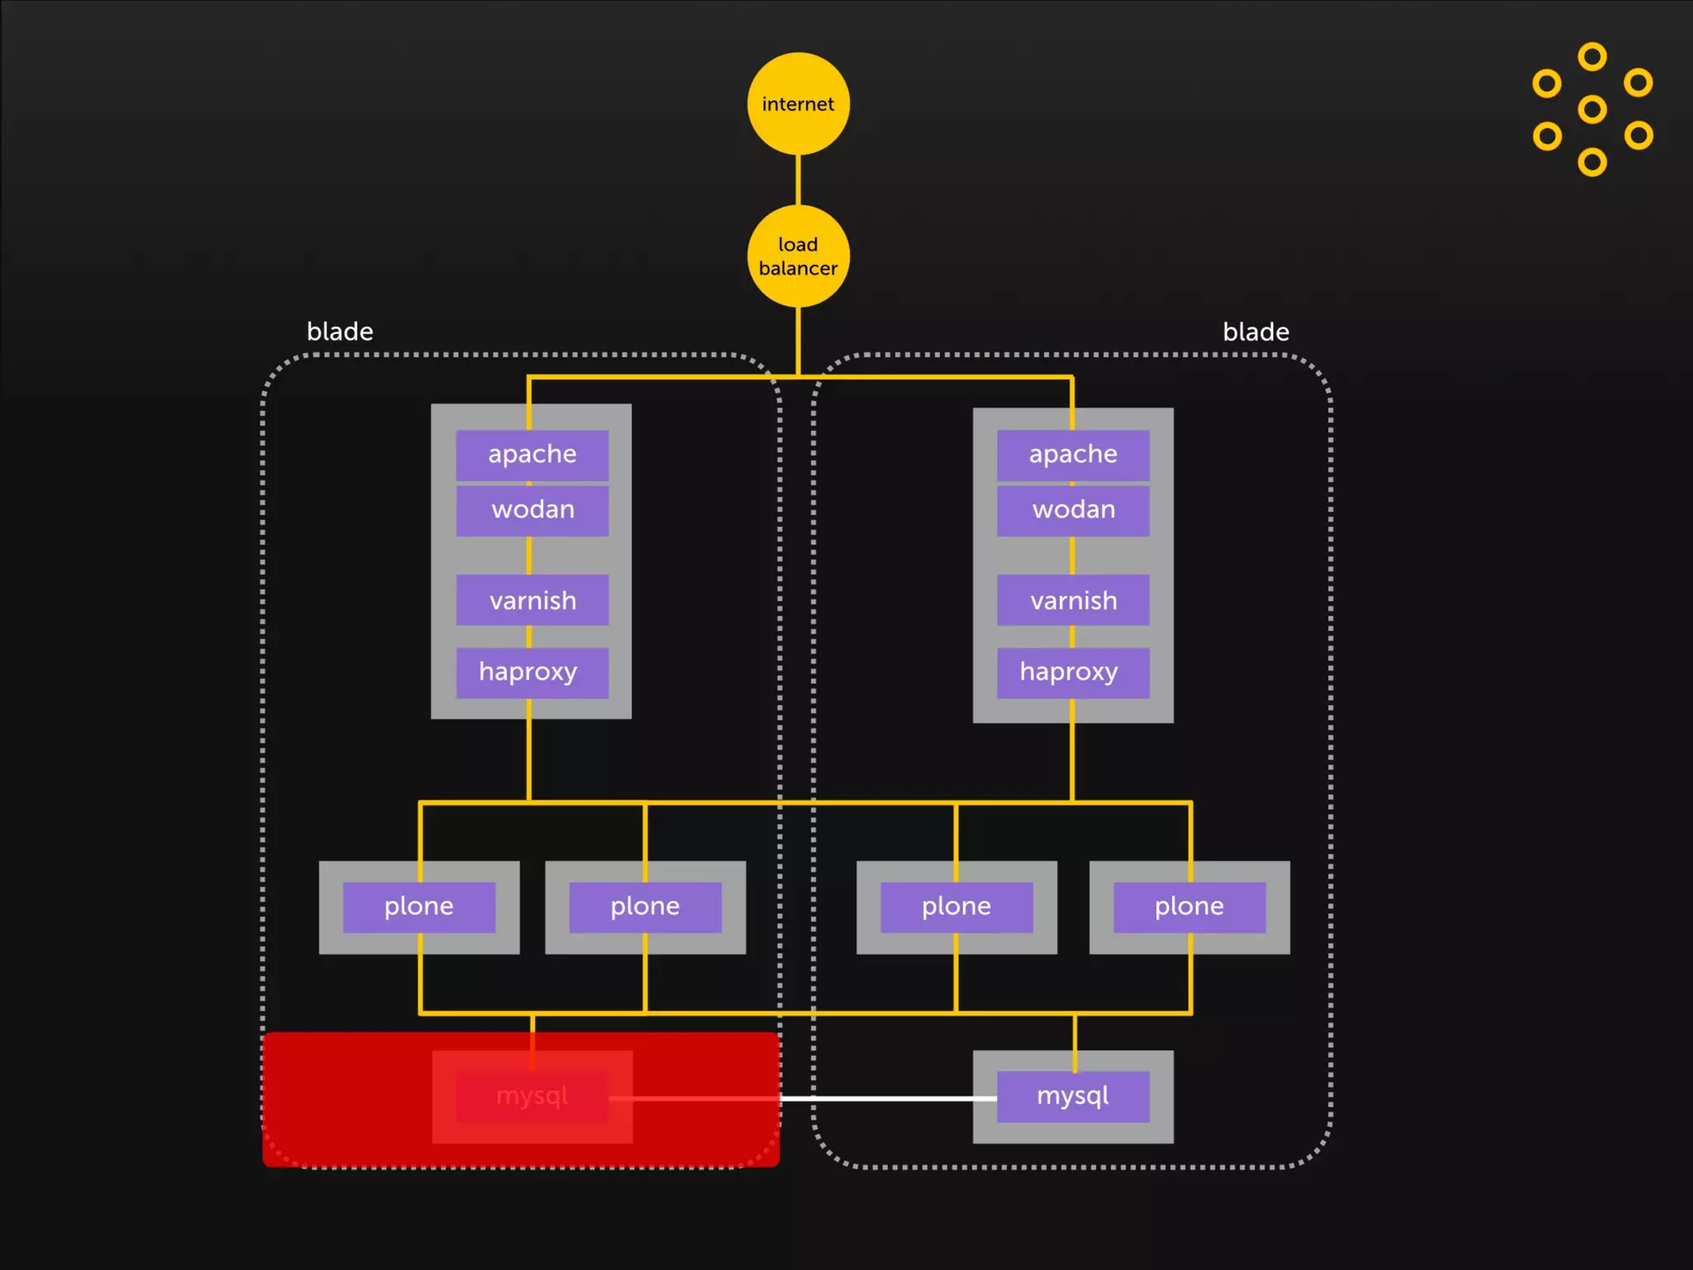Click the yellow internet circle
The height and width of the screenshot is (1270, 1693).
click(798, 104)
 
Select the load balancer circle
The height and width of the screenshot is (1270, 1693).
click(798, 256)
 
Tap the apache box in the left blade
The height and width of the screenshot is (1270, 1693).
click(532, 455)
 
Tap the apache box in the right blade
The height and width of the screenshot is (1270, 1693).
click(1073, 455)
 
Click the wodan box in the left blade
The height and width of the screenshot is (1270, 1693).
click(532, 510)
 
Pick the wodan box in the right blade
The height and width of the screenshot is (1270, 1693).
click(1073, 510)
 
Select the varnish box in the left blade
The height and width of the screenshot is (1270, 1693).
click(532, 600)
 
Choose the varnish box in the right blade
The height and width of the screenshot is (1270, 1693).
click(1073, 600)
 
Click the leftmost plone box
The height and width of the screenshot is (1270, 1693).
click(419, 907)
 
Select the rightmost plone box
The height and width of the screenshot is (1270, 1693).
click(1190, 907)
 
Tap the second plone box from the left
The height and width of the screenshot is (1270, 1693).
click(645, 907)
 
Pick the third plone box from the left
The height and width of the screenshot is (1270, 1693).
click(956, 907)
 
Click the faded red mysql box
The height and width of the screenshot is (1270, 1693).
click(532, 1097)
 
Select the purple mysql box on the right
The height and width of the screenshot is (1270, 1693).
click(1073, 1097)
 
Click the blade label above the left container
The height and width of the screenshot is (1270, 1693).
click(340, 332)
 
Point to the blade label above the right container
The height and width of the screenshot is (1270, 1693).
click(1256, 332)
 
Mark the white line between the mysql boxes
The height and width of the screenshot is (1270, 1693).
click(889, 1099)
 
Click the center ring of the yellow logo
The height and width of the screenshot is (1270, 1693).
click(1592, 109)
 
